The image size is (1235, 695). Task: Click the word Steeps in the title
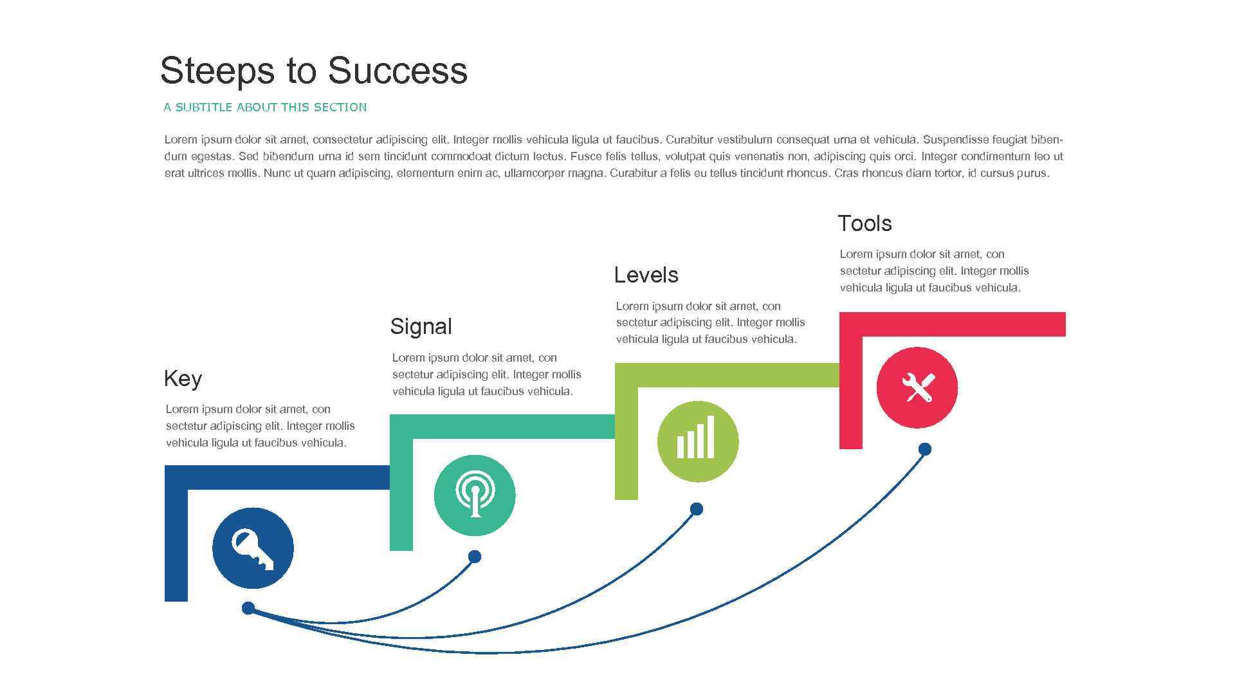pos(217,71)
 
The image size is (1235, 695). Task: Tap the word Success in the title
pos(397,71)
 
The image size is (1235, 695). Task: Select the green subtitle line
pos(265,107)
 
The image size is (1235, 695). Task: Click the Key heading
pos(183,378)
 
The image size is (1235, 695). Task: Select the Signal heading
pos(421,326)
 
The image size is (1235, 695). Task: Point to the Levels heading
pos(646,275)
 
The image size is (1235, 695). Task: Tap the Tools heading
pos(864,223)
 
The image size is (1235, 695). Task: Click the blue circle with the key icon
pos(253,548)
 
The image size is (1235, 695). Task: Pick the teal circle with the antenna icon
pos(475,495)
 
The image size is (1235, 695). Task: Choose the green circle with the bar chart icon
pos(698,441)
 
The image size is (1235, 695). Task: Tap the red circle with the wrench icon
pos(917,387)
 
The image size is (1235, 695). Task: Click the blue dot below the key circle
pos(248,608)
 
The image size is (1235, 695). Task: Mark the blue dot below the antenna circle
pos(475,557)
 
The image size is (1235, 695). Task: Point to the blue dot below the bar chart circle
pos(697,509)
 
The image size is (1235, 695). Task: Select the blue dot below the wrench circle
pos(924,449)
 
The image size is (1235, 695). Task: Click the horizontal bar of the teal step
pos(515,427)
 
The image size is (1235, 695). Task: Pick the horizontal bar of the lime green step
pos(740,375)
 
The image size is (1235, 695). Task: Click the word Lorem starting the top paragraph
pos(180,140)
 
